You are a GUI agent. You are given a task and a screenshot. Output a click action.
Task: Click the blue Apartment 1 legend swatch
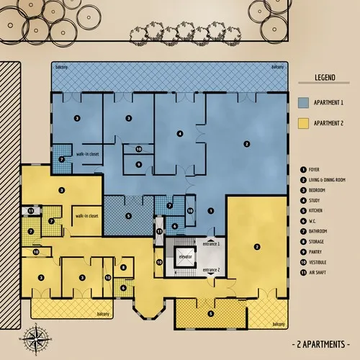tap(303, 102)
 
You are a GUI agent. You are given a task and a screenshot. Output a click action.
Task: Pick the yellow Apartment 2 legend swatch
tap(303, 124)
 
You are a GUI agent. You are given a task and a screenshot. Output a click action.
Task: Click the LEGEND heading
tap(327, 76)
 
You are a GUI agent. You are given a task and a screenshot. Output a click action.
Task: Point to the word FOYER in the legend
tap(319, 169)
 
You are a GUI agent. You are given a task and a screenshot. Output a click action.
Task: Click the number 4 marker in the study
tap(179, 133)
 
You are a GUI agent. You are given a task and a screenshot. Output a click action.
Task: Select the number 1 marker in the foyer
tap(210, 210)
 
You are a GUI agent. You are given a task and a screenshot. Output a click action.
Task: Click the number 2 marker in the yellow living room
tap(256, 247)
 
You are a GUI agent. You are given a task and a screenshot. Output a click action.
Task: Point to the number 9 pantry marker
tap(139, 163)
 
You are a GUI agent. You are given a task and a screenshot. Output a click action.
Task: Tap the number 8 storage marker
tap(123, 268)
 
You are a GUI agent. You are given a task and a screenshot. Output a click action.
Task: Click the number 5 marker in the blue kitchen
tap(128, 215)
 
